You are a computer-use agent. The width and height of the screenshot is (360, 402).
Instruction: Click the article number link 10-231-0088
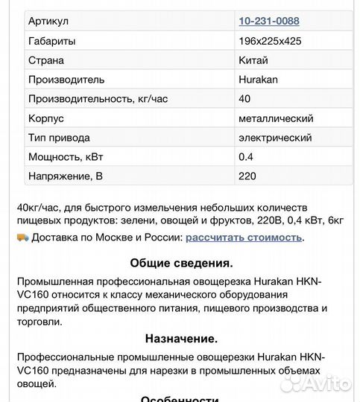click(x=269, y=21)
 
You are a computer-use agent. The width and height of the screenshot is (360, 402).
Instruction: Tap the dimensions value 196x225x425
click(x=270, y=41)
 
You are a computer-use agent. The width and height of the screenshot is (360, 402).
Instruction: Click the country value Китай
click(x=253, y=60)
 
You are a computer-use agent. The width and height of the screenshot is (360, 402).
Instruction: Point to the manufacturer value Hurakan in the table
click(x=258, y=80)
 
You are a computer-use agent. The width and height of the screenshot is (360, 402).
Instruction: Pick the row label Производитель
click(x=66, y=80)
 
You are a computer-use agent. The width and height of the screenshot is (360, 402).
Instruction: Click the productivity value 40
click(x=244, y=99)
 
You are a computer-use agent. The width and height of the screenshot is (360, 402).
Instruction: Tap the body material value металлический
click(x=276, y=118)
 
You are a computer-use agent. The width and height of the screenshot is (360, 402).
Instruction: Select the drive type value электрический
click(x=275, y=138)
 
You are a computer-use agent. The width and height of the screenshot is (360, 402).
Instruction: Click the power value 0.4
click(x=246, y=157)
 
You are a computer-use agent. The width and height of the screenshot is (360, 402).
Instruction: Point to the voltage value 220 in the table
click(x=247, y=176)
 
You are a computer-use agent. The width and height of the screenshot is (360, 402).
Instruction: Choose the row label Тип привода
click(x=59, y=138)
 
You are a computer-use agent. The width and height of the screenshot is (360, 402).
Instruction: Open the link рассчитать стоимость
click(x=244, y=237)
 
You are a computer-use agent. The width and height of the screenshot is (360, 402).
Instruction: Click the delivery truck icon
click(x=22, y=237)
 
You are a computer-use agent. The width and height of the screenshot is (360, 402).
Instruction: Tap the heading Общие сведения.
click(x=181, y=263)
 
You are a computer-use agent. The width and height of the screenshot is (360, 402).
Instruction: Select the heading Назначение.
click(x=181, y=339)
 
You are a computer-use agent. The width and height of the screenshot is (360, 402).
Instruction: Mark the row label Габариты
click(x=51, y=41)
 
